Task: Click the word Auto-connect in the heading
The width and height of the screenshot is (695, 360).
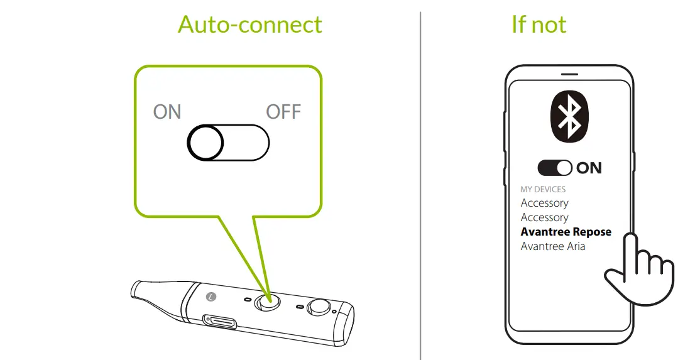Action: (249, 25)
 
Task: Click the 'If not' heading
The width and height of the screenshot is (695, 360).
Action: (539, 25)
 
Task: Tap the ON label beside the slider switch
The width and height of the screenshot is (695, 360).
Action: (167, 112)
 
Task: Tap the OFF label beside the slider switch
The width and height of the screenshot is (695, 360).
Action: (283, 112)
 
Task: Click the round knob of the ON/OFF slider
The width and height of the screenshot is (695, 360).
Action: (205, 143)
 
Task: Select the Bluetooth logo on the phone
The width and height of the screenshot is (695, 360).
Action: (569, 116)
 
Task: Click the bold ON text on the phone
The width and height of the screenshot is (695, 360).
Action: (589, 168)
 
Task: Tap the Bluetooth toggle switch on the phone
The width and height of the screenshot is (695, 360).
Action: (555, 168)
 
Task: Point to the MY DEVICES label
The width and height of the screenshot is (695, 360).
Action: (543, 189)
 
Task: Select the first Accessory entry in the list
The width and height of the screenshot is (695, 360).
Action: (544, 203)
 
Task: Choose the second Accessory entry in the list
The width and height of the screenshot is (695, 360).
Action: (544, 217)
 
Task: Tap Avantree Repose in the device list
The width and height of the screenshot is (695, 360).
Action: (566, 232)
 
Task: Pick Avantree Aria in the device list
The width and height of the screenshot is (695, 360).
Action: (552, 246)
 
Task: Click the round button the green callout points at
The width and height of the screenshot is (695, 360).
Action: (267, 301)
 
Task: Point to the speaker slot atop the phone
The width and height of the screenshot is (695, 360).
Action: (569, 74)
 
